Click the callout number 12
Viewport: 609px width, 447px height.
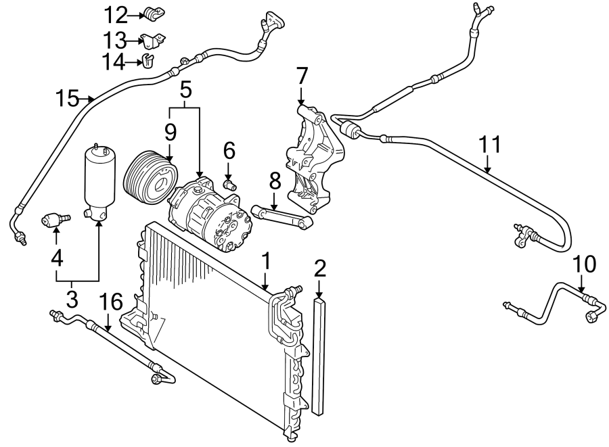click(x=115, y=16)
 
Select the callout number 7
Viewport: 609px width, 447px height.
click(x=302, y=76)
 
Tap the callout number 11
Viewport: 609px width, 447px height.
click(x=489, y=145)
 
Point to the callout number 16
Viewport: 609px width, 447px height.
click(x=111, y=302)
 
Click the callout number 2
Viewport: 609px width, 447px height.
click(x=319, y=268)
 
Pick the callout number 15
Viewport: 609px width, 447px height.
click(x=67, y=98)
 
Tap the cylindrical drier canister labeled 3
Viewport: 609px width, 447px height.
click(x=100, y=183)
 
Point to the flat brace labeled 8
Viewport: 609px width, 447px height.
click(x=282, y=218)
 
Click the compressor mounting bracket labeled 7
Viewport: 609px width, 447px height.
click(x=315, y=159)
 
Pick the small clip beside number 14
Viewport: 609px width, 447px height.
click(x=148, y=61)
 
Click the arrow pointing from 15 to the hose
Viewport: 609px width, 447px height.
click(x=87, y=99)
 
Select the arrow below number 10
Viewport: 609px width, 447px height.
click(x=581, y=283)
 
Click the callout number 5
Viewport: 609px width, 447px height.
click(x=185, y=90)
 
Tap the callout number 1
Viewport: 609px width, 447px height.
click(x=266, y=261)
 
